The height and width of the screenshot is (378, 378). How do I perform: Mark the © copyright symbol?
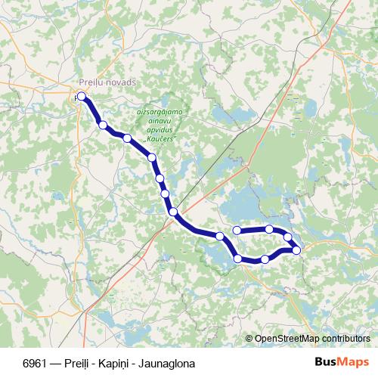249,339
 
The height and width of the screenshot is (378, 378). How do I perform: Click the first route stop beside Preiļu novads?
81,96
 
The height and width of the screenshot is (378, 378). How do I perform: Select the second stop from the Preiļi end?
102,125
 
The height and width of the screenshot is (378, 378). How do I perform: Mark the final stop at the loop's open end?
237,230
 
